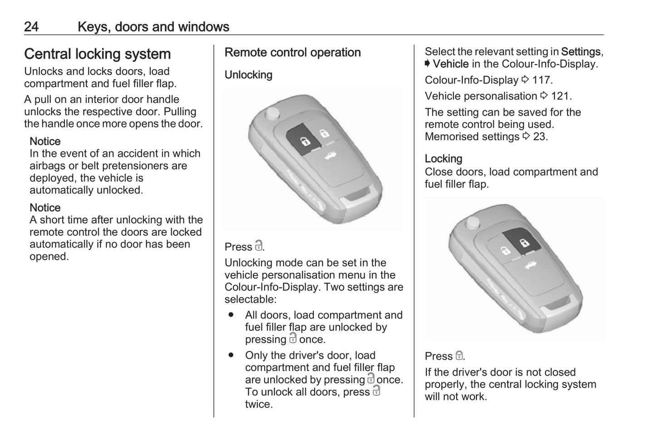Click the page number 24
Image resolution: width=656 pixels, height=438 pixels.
tap(31, 27)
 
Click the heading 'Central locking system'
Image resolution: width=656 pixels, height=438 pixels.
tap(97, 54)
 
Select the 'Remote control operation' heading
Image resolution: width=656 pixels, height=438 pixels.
tap(292, 53)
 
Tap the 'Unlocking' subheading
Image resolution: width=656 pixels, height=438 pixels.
tap(248, 75)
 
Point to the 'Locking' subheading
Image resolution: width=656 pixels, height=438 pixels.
tap(443, 159)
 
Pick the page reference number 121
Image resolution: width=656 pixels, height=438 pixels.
tap(561, 96)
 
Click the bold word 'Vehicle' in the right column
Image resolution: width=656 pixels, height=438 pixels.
tap(450, 64)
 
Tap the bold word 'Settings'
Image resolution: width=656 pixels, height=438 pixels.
tap(581, 52)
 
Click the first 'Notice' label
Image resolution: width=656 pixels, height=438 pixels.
tap(45, 142)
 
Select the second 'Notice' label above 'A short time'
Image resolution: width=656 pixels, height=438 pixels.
tap(45, 208)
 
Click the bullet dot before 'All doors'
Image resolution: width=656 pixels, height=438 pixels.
tap(231, 315)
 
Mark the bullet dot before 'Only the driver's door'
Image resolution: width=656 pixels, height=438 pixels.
tap(231, 355)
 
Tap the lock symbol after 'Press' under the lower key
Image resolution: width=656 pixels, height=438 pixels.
tap(459, 356)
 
